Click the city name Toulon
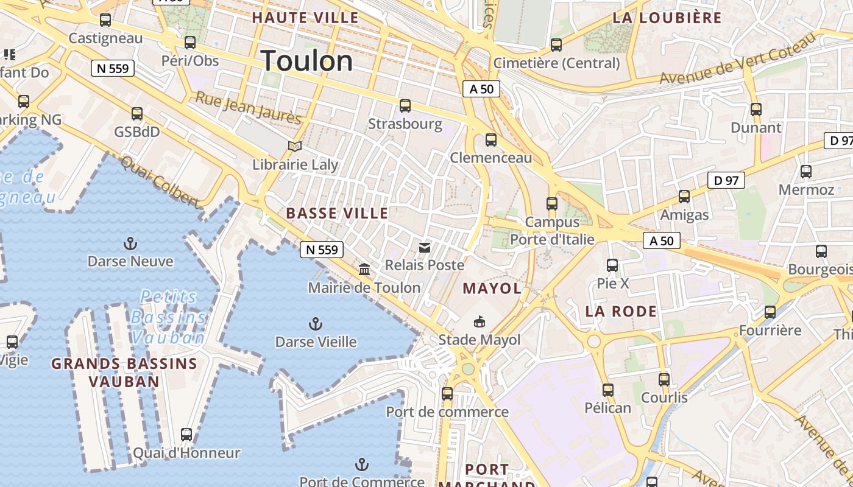306,61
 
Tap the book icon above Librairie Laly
295,147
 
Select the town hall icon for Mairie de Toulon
364,269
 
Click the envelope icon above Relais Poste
425,247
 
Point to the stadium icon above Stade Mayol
480,321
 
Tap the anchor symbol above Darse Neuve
130,244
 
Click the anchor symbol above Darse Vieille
315,323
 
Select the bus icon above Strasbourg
405,106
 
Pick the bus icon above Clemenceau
491,140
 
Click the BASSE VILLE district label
337,213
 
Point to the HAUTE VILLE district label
305,18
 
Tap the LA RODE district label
621,312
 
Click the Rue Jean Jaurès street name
248,108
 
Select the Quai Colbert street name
160,181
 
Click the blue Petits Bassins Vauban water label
169,317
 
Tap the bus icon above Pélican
607,390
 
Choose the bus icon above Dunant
756,110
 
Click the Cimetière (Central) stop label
556,63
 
